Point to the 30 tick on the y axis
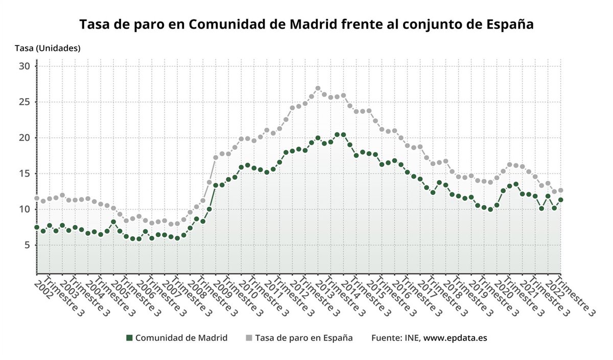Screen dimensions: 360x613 pyautogui.click(x=26, y=66)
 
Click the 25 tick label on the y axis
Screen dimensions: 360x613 pyautogui.click(x=26, y=102)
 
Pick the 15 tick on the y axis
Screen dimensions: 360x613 pyautogui.click(x=26, y=174)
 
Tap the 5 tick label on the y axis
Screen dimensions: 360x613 pyautogui.click(x=29, y=245)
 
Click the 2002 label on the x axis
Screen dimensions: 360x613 pyautogui.click(x=43, y=287)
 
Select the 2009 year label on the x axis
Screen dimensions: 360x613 pyautogui.click(x=222, y=287)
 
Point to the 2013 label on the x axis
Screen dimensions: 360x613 pyautogui.click(x=324, y=287)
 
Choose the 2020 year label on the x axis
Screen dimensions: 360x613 pyautogui.click(x=503, y=287)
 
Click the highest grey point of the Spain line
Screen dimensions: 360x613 pyautogui.click(x=318, y=88)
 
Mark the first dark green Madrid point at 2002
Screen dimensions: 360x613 pyautogui.click(x=37, y=227)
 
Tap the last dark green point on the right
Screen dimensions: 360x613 pyautogui.click(x=560, y=200)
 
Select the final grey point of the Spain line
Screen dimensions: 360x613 pyautogui.click(x=560, y=190)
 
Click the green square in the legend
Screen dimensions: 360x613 pyautogui.click(x=129, y=338)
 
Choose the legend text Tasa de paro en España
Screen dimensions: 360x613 pyautogui.click(x=303, y=338)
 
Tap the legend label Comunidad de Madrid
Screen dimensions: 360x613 pyautogui.click(x=181, y=338)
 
